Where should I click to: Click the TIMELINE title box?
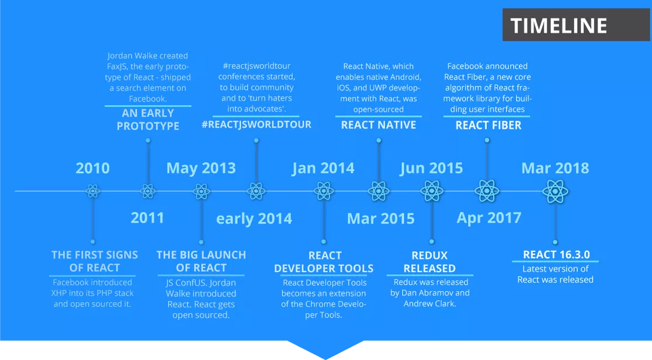point(559,25)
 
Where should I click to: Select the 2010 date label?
point(92,168)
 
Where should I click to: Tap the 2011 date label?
point(147,218)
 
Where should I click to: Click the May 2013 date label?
point(201,168)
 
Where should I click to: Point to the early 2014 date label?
point(254,219)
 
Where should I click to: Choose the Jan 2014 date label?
point(323,168)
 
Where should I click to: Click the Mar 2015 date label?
point(380,219)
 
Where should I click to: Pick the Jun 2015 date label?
point(431,168)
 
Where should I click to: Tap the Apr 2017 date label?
point(488,218)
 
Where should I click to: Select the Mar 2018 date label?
point(555,168)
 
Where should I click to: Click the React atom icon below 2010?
point(92,191)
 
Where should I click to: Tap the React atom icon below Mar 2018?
point(555,191)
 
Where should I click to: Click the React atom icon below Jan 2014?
point(324,191)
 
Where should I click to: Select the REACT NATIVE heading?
point(379,125)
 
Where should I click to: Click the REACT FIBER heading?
point(488,125)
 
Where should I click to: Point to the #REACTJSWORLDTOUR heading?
point(256,124)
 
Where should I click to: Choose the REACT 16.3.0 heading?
point(556,254)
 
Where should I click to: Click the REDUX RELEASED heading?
point(429,262)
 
